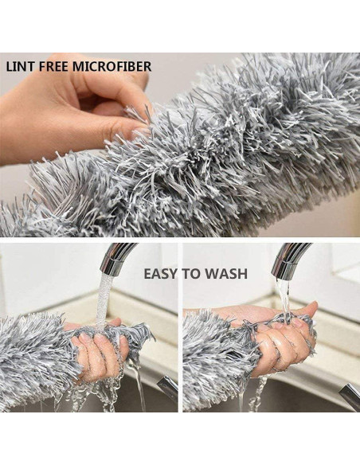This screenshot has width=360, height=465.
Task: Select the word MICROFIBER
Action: tap(112, 67)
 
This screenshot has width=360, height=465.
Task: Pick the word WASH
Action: tap(226, 274)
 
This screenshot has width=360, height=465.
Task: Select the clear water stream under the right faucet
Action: tap(284, 299)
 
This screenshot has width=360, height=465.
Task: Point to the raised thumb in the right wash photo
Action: tap(305, 308)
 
